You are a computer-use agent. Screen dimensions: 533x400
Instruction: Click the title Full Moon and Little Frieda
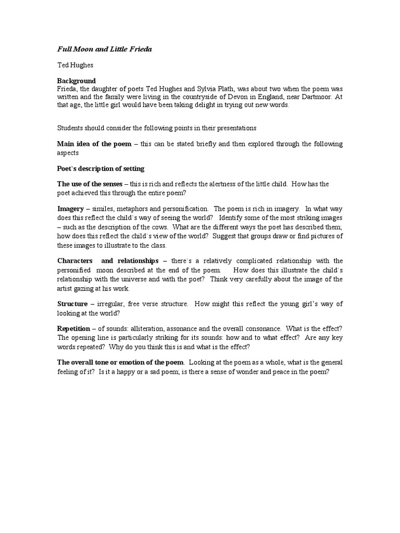pyautogui.click(x=104, y=49)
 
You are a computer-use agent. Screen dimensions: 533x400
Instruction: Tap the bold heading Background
pyautogui.click(x=77, y=81)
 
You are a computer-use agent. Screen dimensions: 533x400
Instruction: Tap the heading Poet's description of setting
pyautogui.click(x=101, y=169)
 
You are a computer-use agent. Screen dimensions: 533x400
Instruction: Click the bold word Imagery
pyautogui.click(x=70, y=209)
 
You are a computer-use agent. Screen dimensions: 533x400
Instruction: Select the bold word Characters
pyautogui.click(x=75, y=260)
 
